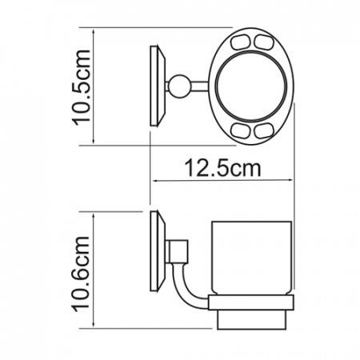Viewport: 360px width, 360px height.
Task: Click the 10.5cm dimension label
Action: pyautogui.click(x=82, y=87)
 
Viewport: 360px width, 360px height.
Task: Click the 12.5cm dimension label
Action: pyautogui.click(x=222, y=168)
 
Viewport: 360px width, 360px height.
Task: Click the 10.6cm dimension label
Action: pyautogui.click(x=81, y=274)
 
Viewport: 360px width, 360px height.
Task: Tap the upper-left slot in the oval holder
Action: pyautogui.click(x=240, y=42)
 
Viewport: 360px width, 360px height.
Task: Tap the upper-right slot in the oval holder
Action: pyautogui.click(x=263, y=42)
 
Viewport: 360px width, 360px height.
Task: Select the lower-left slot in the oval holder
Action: pyautogui.click(x=240, y=130)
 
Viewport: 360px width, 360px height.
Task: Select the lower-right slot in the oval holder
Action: pyautogui.click(x=263, y=130)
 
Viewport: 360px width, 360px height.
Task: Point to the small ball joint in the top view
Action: pyautogui.click(x=179, y=86)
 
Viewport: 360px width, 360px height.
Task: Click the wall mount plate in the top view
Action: pyautogui.click(x=158, y=86)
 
